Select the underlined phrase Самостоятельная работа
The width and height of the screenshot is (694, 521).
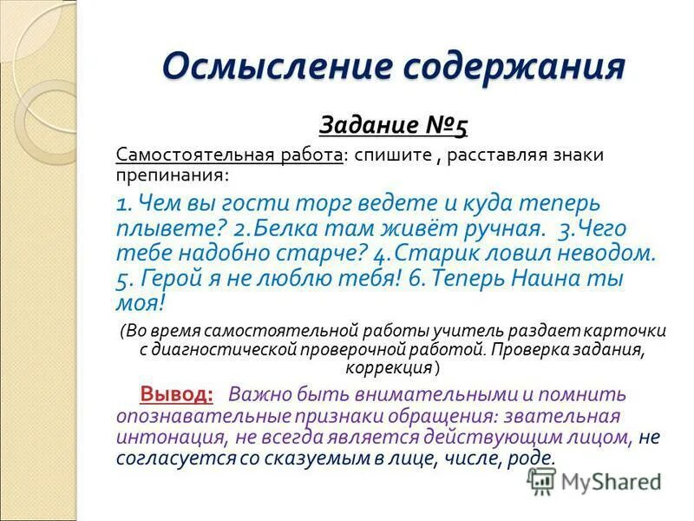(229, 155)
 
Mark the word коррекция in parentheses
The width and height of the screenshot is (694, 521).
(394, 366)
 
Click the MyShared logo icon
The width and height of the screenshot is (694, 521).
(542, 481)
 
